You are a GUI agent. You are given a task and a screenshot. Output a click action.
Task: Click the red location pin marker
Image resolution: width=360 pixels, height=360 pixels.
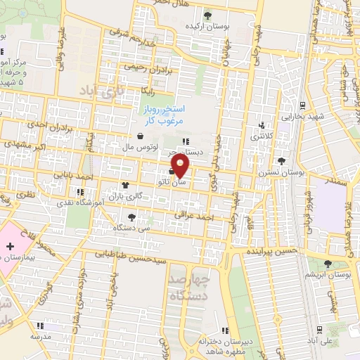(x=181, y=167)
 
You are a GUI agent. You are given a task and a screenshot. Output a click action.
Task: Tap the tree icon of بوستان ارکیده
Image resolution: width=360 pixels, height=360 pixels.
(x=207, y=14)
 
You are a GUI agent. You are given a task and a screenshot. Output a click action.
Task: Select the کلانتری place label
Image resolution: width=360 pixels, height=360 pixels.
(x=262, y=135)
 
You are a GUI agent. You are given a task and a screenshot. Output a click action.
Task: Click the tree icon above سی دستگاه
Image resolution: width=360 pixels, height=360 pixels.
(x=132, y=217)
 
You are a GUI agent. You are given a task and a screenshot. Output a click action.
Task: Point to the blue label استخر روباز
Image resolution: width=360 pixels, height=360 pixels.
(x=160, y=111)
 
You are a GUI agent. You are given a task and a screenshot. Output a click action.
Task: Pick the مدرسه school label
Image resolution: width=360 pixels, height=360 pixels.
(x=40, y=337)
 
